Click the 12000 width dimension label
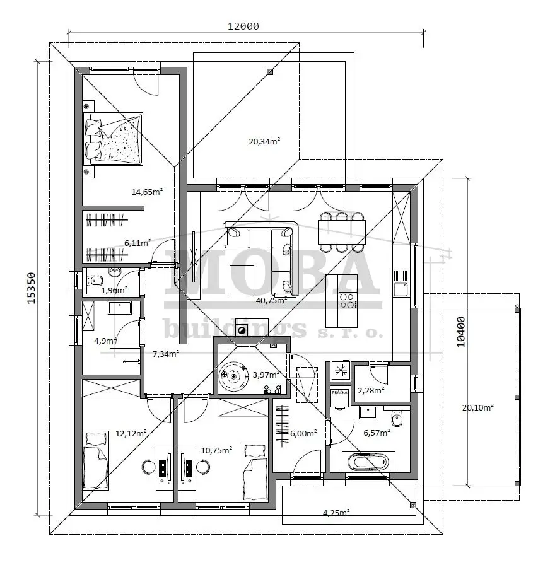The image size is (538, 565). [x=243, y=26]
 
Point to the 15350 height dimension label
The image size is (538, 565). [x=32, y=288]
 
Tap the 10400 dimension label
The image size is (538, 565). [x=461, y=332]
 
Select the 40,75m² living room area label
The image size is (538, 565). [x=271, y=300]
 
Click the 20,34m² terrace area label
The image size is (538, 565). [x=264, y=141]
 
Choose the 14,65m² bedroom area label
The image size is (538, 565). [x=147, y=192]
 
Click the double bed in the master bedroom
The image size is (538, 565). [x=113, y=139]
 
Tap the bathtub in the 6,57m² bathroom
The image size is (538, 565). [x=368, y=461]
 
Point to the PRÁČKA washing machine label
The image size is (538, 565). [x=339, y=392]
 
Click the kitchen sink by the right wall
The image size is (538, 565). [x=401, y=289]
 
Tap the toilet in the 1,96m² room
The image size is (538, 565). [x=95, y=280]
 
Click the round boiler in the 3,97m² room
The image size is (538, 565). [x=234, y=376]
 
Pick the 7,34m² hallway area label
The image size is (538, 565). [x=166, y=354]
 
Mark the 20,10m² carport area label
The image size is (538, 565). [x=478, y=407]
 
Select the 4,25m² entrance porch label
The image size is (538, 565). [x=336, y=512]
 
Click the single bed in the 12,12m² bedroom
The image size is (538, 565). [x=96, y=460]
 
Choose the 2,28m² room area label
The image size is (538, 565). [x=371, y=390]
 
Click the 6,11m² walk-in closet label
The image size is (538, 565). [x=137, y=243]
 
